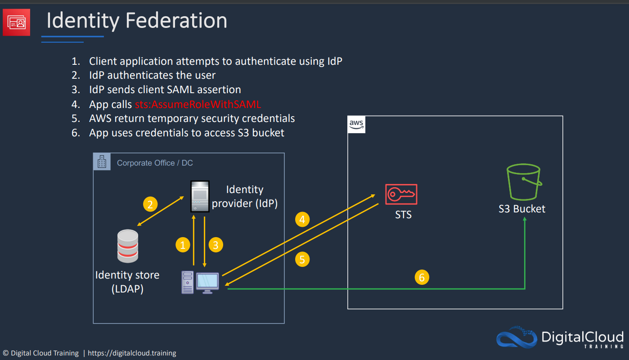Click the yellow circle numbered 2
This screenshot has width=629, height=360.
(x=150, y=204)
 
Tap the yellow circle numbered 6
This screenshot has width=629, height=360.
(x=422, y=277)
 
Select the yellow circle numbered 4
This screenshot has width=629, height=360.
(x=302, y=219)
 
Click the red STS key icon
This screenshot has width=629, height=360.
(x=401, y=194)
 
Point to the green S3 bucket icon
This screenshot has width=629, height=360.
(x=524, y=182)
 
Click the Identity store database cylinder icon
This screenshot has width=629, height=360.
(x=128, y=246)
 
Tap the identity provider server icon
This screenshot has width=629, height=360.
(x=200, y=196)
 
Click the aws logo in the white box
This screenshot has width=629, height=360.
(x=356, y=124)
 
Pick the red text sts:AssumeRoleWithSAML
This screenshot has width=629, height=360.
(x=198, y=104)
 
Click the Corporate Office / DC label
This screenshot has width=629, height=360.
(x=155, y=163)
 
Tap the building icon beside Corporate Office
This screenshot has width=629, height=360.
(x=102, y=162)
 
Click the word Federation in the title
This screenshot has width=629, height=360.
(x=176, y=21)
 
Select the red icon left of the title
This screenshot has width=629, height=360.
(x=17, y=22)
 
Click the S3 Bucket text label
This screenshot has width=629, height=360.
(x=522, y=209)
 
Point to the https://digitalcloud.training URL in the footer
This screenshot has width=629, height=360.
(x=132, y=353)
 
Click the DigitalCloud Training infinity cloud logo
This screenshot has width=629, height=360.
(x=517, y=337)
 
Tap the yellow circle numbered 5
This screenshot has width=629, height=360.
(x=302, y=259)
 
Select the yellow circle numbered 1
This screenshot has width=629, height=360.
(x=183, y=245)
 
